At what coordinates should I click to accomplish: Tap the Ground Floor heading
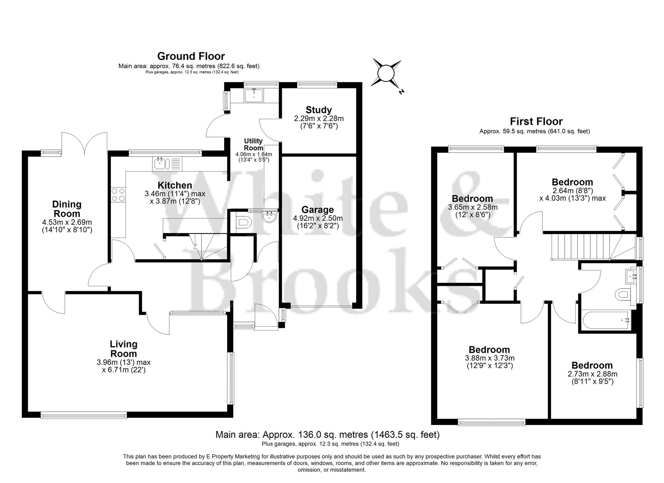pos(191,56)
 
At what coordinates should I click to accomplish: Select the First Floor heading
pos(536,121)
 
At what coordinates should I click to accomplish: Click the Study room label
pos(318,110)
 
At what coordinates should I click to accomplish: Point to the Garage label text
pos(317,210)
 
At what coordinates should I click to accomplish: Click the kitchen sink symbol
pos(167,163)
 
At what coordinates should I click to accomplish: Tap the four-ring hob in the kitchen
pos(119,195)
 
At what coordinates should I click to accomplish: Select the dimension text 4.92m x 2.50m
pos(318,218)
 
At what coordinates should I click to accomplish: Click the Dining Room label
pos(67,209)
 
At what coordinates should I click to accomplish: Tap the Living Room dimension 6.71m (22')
pos(124,369)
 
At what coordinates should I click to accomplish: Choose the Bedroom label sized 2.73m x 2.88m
pos(592,365)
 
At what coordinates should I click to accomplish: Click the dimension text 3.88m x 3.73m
pos(489,358)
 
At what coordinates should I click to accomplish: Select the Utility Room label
pos(253,144)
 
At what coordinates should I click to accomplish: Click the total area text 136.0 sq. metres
pos(327,435)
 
